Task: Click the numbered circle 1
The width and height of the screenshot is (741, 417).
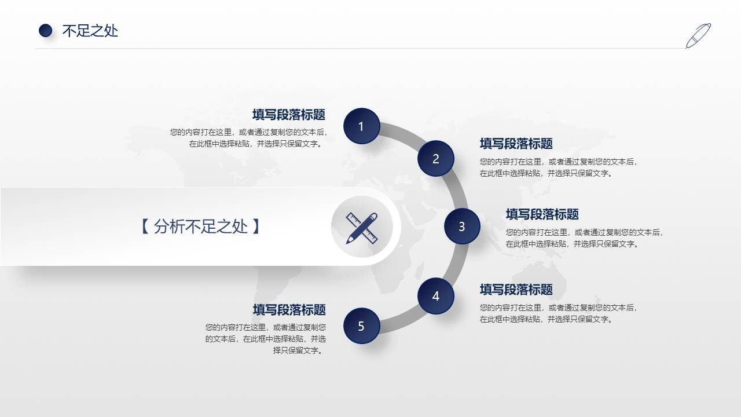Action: tap(361, 126)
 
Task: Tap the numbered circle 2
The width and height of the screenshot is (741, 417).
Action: tap(436, 159)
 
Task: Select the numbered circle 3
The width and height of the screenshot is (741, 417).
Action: tap(462, 226)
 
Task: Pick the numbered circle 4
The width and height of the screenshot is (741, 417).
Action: tap(436, 296)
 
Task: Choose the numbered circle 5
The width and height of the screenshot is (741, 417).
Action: tap(361, 326)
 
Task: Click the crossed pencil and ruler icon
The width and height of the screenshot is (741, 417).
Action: tap(362, 227)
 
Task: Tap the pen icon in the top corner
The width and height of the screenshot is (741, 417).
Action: tap(698, 35)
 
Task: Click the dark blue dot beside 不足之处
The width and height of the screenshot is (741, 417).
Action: tap(45, 31)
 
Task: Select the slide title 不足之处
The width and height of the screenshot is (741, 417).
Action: tap(90, 31)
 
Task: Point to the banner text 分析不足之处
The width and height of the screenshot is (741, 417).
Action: tap(201, 226)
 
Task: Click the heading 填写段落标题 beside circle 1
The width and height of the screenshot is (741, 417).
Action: tap(288, 115)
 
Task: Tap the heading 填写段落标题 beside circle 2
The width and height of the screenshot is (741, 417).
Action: tap(516, 144)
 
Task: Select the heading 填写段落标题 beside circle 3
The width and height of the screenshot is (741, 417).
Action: tap(542, 214)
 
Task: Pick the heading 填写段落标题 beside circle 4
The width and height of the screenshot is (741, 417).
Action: tap(516, 290)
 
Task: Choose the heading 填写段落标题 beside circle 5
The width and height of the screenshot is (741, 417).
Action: tap(288, 310)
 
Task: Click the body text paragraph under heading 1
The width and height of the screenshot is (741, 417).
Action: tap(249, 138)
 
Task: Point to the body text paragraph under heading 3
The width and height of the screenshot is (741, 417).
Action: tap(584, 238)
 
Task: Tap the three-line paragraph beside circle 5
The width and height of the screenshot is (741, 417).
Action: tap(266, 339)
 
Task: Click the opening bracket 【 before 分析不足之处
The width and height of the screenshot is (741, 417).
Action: tap(145, 226)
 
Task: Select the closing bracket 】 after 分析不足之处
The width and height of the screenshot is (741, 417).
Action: tap(256, 226)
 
